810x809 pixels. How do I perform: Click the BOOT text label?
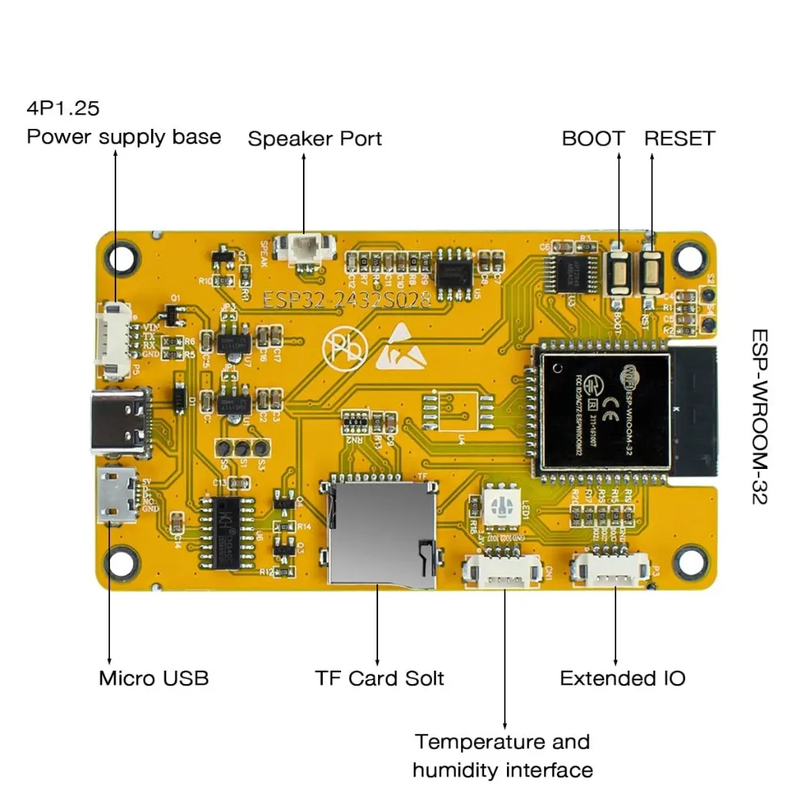592,138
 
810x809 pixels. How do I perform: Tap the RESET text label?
679,138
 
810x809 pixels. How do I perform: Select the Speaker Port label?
315,139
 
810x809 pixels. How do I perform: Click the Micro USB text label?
153,678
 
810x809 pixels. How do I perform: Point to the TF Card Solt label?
380,679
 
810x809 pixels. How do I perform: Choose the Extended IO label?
623,679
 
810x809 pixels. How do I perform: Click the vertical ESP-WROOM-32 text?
759,417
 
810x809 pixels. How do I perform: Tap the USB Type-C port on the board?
121,423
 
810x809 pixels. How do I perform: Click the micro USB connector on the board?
116,495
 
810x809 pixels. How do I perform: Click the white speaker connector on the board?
304,250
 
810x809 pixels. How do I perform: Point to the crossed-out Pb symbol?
345,348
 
